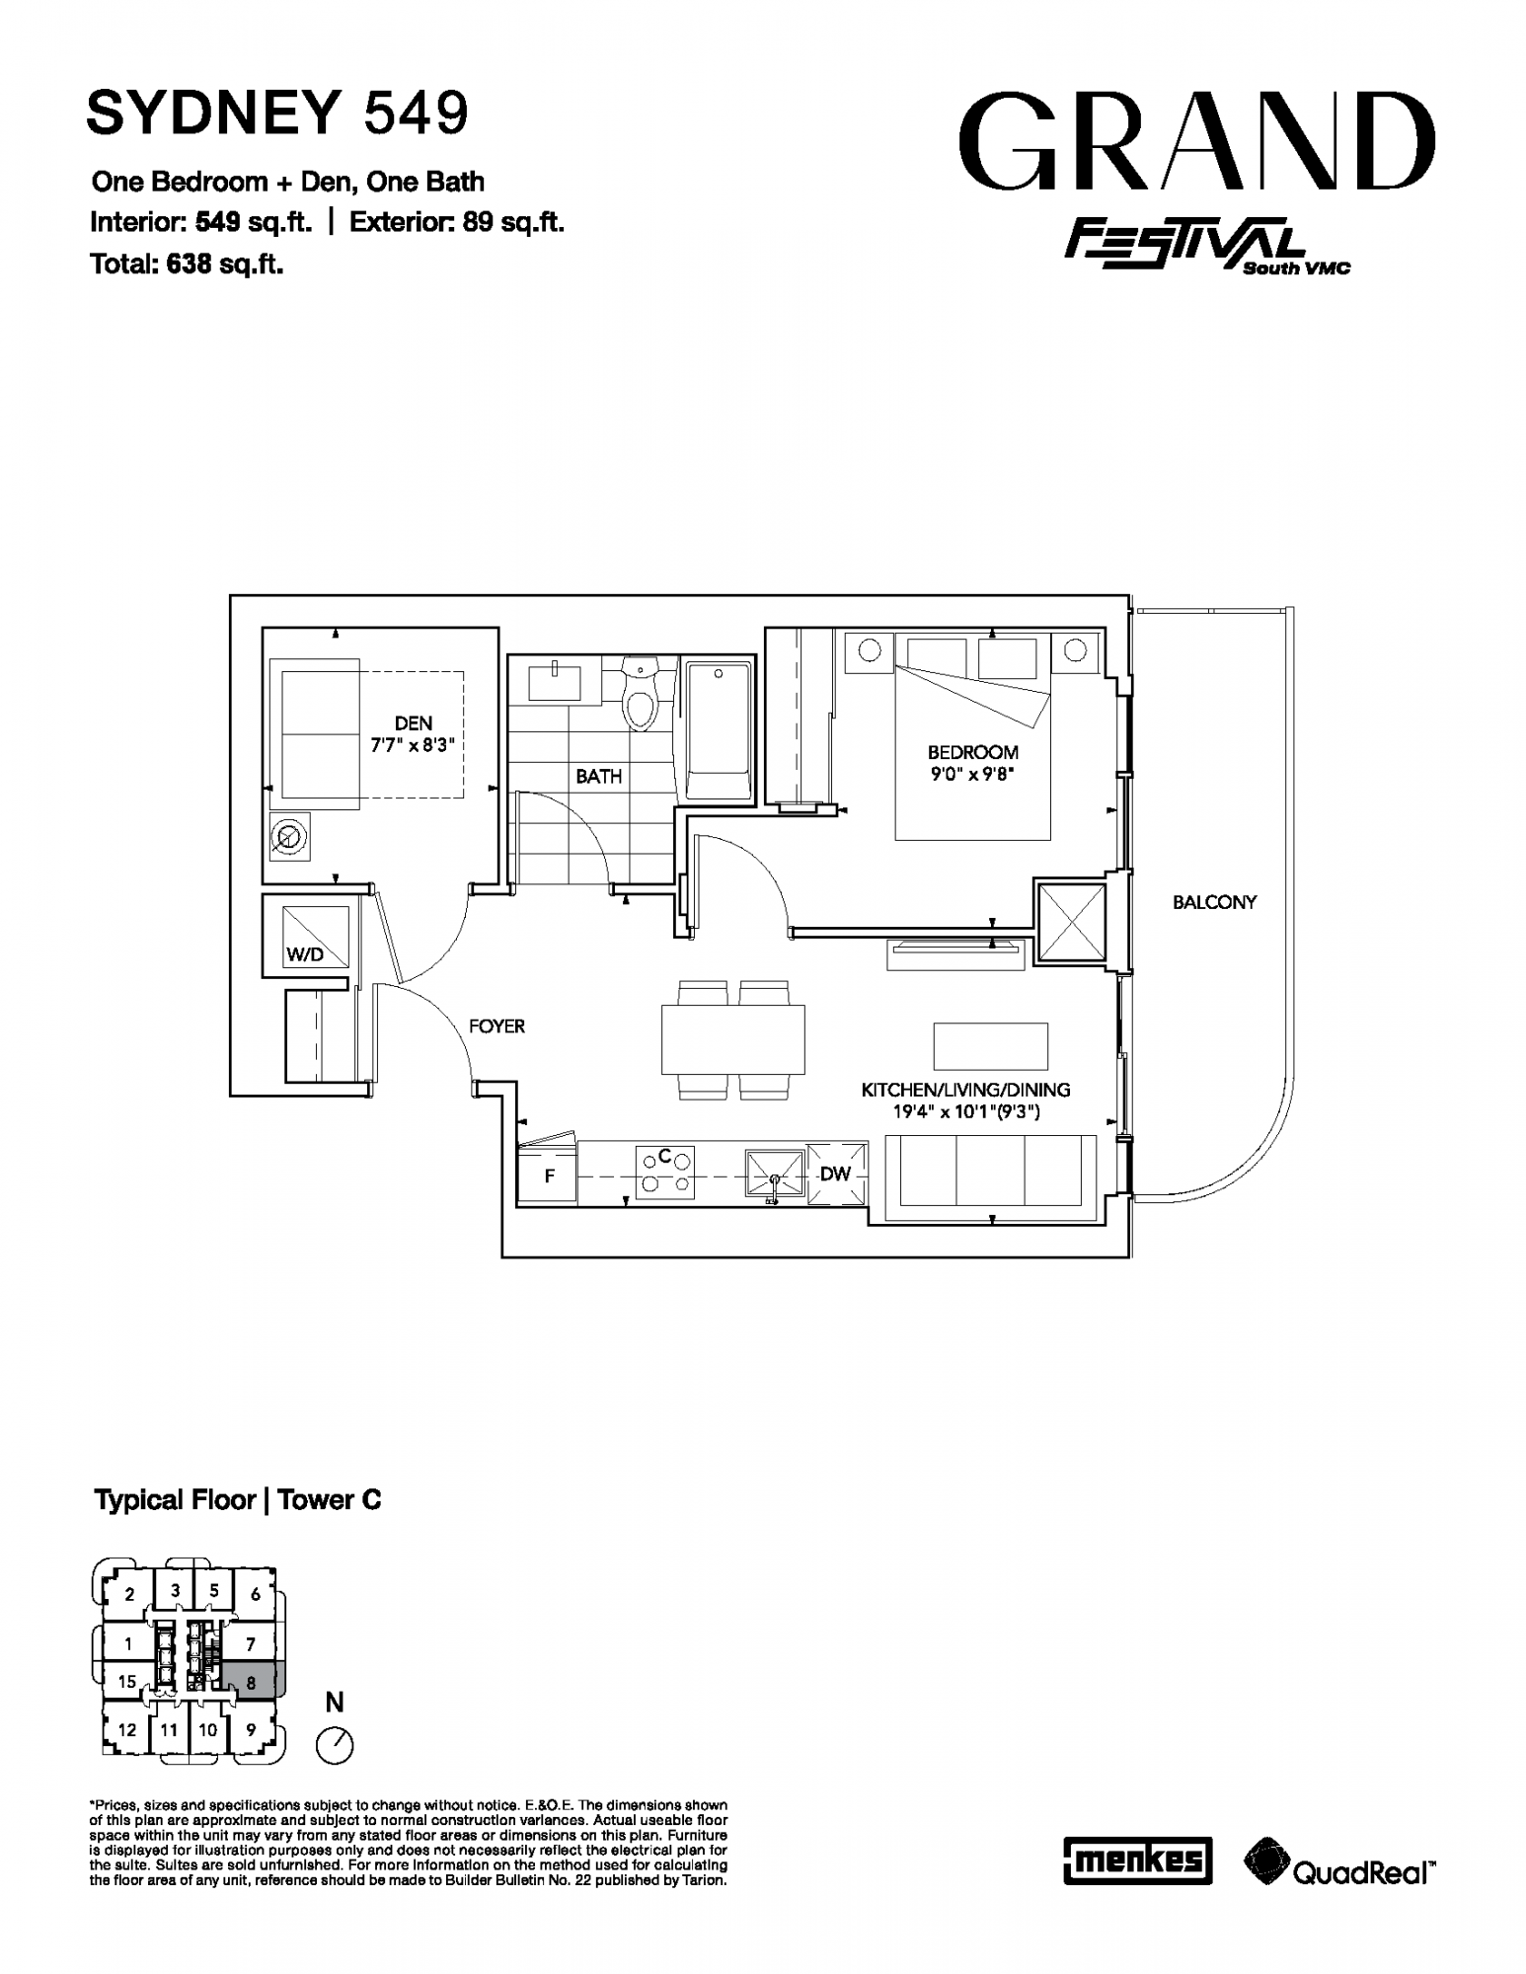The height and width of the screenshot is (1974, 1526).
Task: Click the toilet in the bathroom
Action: coord(642,695)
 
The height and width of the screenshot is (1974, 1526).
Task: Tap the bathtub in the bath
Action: coord(719,730)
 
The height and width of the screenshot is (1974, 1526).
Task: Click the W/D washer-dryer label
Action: coord(305,954)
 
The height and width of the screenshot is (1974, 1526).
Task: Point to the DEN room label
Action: coord(414,723)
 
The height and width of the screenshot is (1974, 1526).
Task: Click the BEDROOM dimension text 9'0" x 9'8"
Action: coord(972,775)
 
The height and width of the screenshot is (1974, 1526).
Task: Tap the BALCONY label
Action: coord(1214,902)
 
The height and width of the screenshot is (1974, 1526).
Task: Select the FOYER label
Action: coord(496,1026)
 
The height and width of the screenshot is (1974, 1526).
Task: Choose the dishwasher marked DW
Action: coord(837,1174)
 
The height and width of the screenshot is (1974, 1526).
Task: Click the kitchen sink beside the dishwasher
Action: coord(776,1175)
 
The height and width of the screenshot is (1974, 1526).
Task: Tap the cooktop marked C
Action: coord(665,1172)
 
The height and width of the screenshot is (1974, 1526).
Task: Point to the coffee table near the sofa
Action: coord(991,1046)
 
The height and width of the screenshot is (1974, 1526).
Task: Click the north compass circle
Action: coord(335,1746)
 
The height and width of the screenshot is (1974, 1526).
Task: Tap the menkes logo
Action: coord(1137,1861)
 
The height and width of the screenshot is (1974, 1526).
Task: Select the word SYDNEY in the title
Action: coord(213,113)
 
